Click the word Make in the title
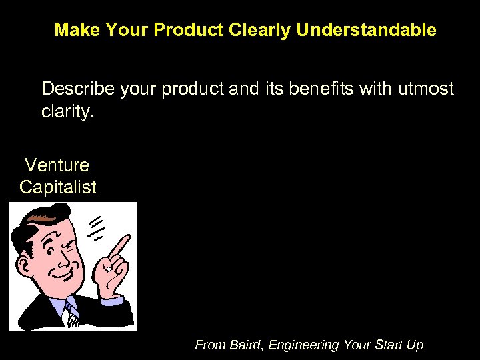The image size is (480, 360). coord(75,30)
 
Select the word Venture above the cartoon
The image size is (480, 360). coord(57,165)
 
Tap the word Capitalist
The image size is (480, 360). coord(58,187)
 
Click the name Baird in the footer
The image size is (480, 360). coord(246,345)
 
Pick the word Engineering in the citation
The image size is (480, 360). coord(303,345)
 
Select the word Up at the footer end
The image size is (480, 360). coord(415,345)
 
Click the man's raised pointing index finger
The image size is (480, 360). coord(119,248)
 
